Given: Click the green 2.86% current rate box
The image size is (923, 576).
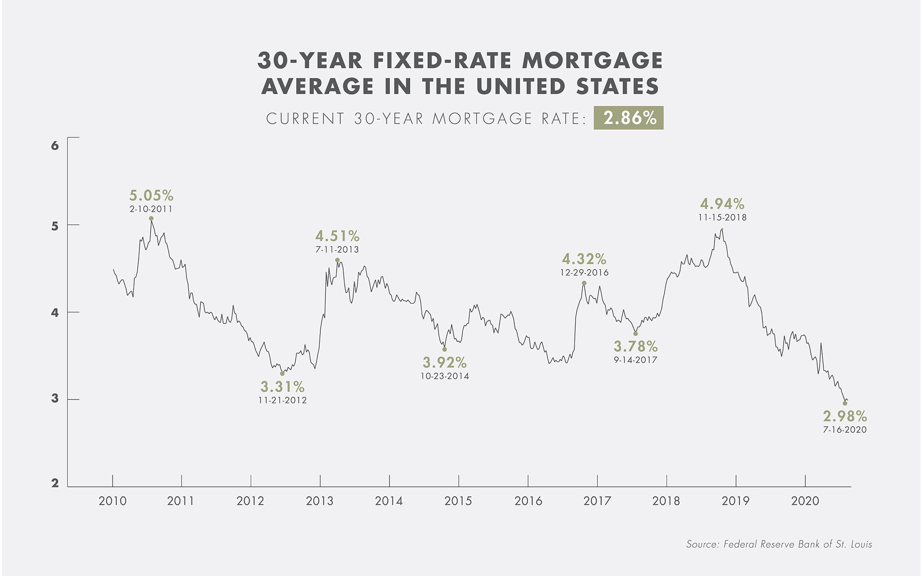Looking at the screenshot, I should click(628, 118).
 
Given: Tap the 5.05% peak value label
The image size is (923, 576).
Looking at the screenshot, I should click(151, 195).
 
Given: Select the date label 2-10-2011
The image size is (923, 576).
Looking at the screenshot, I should click(151, 209).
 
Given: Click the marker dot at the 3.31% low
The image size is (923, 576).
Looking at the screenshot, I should click(282, 373).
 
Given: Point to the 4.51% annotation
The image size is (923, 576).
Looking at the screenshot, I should click(337, 236).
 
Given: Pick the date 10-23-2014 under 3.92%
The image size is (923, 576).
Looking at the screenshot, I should click(444, 376).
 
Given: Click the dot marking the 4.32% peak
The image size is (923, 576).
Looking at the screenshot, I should click(584, 283).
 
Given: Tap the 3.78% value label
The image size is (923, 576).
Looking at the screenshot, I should click(635, 346).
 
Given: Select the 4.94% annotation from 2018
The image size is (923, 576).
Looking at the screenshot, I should click(722, 204).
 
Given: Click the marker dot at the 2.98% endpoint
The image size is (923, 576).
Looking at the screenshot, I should click(845, 403).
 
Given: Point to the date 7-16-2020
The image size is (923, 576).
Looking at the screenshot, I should click(845, 430).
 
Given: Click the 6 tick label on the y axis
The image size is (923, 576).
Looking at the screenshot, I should click(55, 146).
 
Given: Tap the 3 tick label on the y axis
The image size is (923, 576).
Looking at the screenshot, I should click(55, 399).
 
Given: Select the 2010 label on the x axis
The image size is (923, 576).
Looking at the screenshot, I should click(112, 501).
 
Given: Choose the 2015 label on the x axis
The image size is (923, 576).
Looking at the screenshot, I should click(458, 501).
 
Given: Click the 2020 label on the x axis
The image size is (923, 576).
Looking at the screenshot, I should click(805, 501).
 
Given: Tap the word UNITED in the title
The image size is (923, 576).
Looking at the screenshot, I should click(521, 86).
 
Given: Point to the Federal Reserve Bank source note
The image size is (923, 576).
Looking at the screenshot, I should click(779, 544).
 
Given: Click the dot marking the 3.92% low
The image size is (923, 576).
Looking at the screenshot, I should click(444, 349).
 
